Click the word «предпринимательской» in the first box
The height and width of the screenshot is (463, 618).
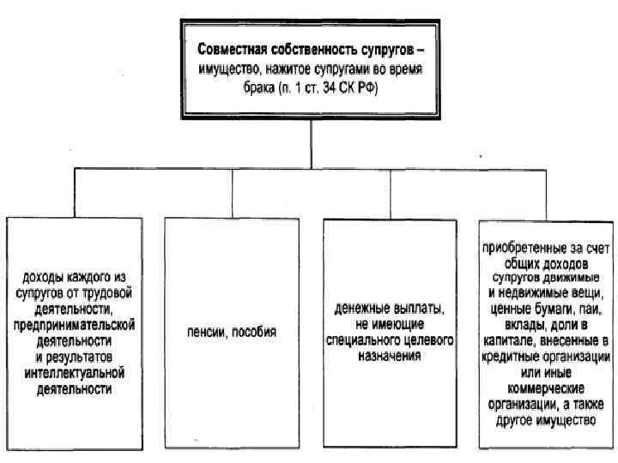(x=76, y=323)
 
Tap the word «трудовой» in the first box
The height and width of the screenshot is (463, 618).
(x=109, y=291)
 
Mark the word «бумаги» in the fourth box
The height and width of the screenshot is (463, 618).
(x=557, y=308)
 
